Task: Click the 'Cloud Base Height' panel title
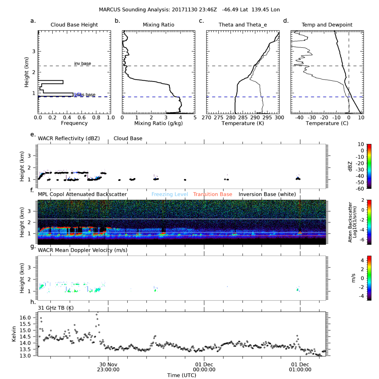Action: point(74,25)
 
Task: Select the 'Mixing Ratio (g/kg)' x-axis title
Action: point(158,123)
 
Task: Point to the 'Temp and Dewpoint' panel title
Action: point(327,25)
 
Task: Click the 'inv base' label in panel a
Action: point(82,63)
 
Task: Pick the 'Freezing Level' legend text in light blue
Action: point(169,194)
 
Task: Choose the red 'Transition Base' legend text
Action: point(213,194)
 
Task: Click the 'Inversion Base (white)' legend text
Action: point(267,194)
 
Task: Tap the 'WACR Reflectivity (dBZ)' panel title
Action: point(69,138)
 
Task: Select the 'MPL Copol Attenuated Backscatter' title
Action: point(82,194)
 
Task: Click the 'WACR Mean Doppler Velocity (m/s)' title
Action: point(83,250)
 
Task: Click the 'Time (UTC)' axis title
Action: point(182,375)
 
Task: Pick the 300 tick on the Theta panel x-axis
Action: point(279,117)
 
